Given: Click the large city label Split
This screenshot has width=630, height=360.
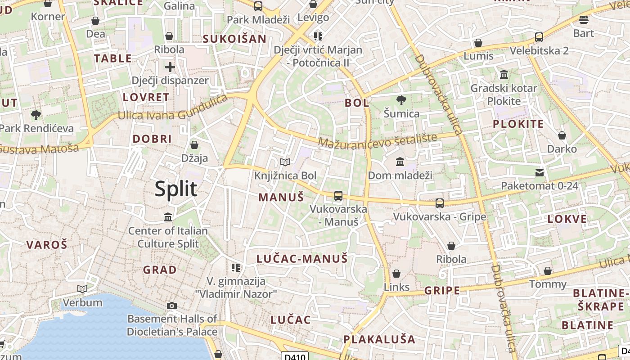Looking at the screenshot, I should click(176, 189).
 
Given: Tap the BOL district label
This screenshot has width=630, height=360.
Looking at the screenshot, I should click(357, 103).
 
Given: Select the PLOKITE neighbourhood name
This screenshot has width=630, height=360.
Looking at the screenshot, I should click(518, 124).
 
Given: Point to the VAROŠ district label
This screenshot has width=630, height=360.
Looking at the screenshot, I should click(47, 245).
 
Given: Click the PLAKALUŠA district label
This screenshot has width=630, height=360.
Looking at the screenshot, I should click(379, 339).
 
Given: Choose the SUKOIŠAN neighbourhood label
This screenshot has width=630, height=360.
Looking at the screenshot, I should click(234, 39).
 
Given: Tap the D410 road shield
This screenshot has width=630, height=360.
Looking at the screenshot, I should click(295, 357).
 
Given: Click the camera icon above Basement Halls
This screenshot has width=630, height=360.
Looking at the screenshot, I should click(171, 306).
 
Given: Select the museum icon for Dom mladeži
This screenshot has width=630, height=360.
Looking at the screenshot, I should click(400, 162).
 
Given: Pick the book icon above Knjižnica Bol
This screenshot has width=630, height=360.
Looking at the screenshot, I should click(285, 162).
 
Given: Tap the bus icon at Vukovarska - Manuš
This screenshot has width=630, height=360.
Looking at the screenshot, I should click(338, 196).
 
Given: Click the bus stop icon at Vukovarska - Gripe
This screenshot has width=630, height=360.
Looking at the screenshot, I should click(440, 203).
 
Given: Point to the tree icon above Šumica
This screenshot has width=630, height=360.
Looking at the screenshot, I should click(401, 100).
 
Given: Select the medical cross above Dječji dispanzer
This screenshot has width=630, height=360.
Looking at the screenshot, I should click(170, 67).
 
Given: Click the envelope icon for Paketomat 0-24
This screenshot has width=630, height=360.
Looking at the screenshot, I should click(539, 172).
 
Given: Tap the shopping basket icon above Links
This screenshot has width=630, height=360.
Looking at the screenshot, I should click(396, 274).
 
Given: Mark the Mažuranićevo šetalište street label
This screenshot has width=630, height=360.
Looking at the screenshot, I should click(377, 140).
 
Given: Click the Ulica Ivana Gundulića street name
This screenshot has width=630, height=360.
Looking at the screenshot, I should click(173, 110).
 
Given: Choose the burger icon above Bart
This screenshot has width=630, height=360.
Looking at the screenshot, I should click(584, 19).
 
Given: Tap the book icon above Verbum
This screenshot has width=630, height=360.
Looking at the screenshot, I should click(82, 289).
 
